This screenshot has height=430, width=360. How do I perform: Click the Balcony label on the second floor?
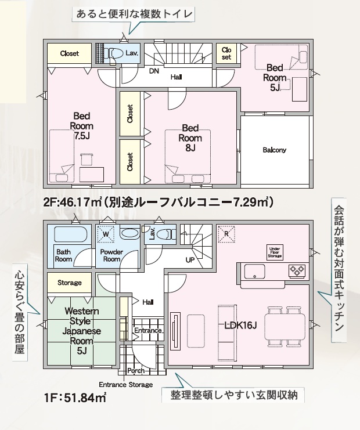point(275,150)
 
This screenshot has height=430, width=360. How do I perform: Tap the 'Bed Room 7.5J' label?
point(82,126)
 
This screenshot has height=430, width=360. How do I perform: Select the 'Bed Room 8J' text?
point(190,138)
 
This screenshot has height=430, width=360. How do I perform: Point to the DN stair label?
point(154,71)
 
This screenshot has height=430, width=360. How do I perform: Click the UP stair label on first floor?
point(190,260)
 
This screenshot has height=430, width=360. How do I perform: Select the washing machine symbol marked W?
point(106,234)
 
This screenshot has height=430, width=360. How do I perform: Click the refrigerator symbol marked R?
point(226,234)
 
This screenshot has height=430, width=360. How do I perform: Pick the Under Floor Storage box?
point(275,252)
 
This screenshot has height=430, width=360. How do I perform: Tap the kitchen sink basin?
point(255,272)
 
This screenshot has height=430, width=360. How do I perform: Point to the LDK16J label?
point(240,326)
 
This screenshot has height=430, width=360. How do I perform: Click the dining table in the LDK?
point(285,327)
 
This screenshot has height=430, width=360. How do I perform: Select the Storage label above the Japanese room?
point(70,283)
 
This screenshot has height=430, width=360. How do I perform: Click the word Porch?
point(136,370)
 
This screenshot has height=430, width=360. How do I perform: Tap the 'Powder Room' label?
point(111,255)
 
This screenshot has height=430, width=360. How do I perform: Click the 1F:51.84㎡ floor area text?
point(75,398)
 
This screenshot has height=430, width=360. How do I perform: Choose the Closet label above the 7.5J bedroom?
point(70,53)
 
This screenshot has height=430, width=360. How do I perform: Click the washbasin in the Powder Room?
point(130,234)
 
